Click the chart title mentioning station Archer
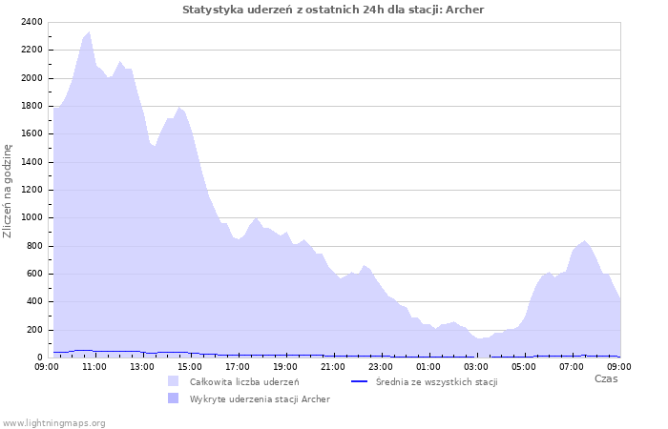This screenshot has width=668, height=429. point(333,10)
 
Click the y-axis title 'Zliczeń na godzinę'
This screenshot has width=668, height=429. point(9,191)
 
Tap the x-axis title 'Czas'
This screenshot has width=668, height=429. point(605,378)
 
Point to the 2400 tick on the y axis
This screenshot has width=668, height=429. point(31,22)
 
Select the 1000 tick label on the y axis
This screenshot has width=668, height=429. point(31,217)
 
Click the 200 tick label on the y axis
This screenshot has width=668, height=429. point(34,330)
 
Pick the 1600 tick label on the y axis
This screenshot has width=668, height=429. point(31,133)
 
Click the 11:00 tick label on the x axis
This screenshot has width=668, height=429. point(94,366)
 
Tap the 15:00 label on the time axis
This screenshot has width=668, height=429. point(190,366)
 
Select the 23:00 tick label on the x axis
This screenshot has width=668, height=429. point(381,366)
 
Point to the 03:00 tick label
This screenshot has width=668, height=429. point(476,366)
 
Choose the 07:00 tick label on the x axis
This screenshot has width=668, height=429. point(572,366)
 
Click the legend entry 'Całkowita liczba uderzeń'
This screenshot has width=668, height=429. point(243,381)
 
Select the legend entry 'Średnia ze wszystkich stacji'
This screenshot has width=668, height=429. point(436,381)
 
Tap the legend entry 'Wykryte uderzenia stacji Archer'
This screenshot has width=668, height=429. point(260,398)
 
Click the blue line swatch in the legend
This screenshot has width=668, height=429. point(360,381)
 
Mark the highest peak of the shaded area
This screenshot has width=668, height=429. point(89,31)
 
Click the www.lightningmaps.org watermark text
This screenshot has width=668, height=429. point(53,422)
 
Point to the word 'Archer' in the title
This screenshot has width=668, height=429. point(465,10)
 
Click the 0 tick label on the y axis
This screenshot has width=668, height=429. point(40,357)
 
